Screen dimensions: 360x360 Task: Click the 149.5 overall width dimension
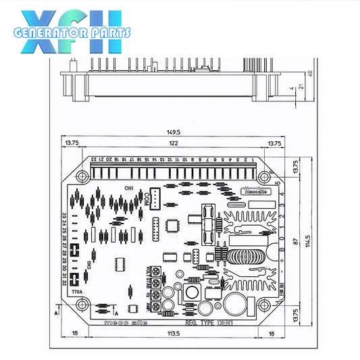click(174, 132)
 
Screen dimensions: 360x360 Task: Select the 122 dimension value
click(173, 144)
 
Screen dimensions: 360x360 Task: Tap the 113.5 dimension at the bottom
click(173, 334)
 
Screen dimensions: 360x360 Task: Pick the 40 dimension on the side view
click(310, 73)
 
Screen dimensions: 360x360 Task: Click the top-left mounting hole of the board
click(82, 177)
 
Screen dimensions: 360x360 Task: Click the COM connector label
click(147, 198)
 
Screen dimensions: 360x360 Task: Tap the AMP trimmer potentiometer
click(157, 306)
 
